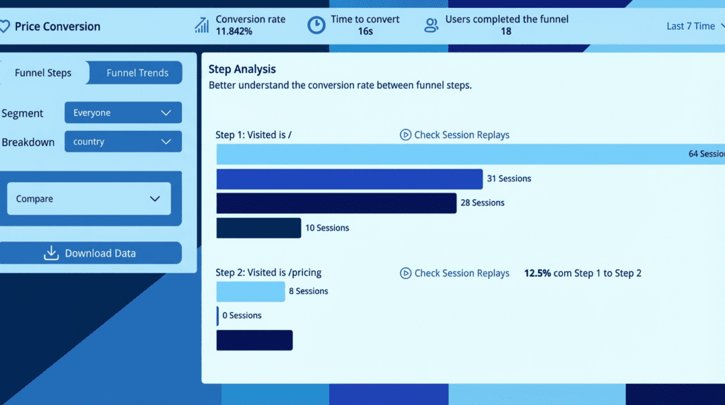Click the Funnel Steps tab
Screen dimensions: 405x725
(43, 73)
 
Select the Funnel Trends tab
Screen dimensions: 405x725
(137, 73)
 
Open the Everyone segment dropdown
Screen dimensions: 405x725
(122, 113)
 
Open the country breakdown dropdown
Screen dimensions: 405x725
(122, 142)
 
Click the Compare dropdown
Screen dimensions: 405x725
(89, 199)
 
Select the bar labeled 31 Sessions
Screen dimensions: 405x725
(349, 179)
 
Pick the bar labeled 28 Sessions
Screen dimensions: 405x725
(336, 203)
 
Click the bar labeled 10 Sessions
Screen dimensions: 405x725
(258, 228)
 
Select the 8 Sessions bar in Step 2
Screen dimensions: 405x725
(250, 292)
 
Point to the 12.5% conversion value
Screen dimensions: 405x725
(537, 273)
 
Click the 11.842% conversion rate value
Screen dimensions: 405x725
(234, 31)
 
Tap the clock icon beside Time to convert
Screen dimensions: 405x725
(316, 25)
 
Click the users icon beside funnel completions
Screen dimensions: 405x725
(430, 25)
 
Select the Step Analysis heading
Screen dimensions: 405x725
(242, 69)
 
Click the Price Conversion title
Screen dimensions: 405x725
(57, 27)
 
